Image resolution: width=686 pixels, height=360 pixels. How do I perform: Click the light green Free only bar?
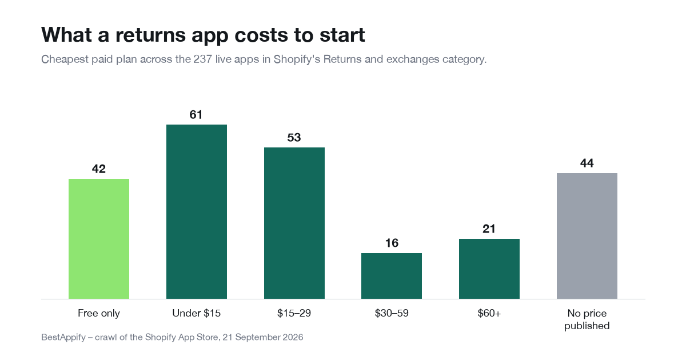click(98, 239)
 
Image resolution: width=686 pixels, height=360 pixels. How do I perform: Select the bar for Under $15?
click(197, 211)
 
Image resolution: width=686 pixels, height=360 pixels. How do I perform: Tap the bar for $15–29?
click(294, 223)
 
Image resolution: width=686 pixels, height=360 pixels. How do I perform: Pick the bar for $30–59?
click(392, 276)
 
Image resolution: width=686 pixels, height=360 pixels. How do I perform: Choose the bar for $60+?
click(489, 269)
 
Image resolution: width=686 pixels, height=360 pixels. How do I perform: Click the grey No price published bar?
click(587, 236)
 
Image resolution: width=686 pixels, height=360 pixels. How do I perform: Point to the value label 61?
click(196, 115)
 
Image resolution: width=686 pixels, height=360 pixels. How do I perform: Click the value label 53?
click(294, 138)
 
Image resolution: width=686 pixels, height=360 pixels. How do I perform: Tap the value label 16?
click(392, 243)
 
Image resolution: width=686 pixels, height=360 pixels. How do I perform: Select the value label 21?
click(489, 229)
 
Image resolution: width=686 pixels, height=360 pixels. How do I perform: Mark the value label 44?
click(587, 163)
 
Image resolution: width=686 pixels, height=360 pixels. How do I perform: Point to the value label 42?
click(98, 169)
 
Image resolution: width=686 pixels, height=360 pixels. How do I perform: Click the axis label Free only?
click(98, 314)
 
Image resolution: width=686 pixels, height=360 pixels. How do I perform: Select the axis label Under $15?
click(196, 313)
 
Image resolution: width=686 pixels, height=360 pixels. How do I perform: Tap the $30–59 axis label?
click(392, 313)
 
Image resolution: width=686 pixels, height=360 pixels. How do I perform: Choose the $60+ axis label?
click(489, 313)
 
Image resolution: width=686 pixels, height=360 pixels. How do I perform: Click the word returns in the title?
click(151, 35)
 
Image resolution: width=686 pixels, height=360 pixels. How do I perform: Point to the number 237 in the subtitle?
click(202, 59)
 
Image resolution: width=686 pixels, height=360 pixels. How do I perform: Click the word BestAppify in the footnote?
click(63, 337)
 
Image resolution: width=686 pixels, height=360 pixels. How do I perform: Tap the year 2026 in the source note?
click(293, 337)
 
